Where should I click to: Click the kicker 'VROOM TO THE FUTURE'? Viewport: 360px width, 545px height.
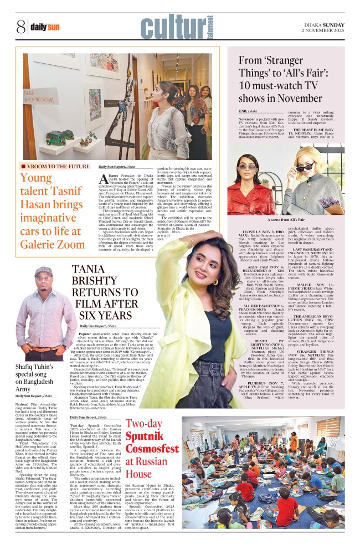[x=54, y=166]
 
